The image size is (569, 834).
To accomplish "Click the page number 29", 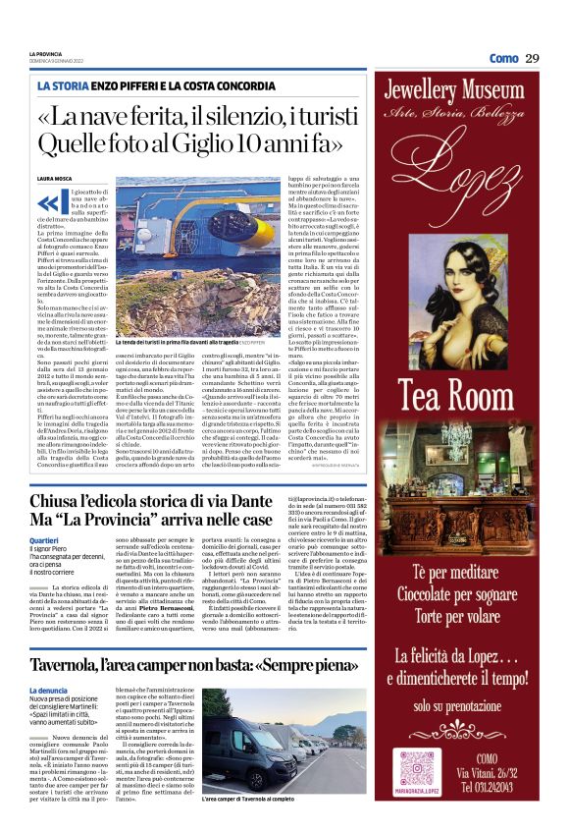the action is point(532,58).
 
